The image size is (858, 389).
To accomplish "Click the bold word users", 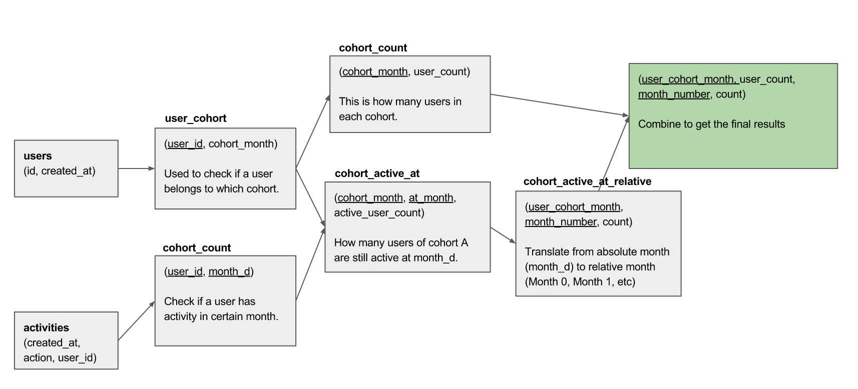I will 38,156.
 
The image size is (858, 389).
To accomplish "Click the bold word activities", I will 46,327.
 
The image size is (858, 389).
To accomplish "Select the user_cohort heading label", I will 195,118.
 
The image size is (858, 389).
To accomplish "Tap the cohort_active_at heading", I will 377,173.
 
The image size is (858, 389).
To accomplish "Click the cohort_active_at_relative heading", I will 587,181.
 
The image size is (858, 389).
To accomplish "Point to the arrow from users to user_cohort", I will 136,168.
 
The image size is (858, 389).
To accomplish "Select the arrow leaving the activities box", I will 136,321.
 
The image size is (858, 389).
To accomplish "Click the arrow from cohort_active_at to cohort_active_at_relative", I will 503,235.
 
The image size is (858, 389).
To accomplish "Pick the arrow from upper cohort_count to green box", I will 559,105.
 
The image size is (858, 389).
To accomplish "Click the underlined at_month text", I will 431,198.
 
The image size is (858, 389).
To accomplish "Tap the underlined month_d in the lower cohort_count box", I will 229,271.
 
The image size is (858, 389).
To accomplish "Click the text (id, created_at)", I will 59,171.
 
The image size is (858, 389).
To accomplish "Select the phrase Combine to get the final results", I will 711,124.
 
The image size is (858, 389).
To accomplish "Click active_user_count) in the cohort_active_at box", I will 379,213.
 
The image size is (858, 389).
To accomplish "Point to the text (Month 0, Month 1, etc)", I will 580,281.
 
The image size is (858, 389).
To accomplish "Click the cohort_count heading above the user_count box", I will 373,48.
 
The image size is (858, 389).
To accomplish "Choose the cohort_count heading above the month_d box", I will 197,248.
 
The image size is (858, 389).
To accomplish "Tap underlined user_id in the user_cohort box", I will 185,144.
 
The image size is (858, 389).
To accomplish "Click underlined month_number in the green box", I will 674,94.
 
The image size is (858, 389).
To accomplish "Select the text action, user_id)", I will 60,358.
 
